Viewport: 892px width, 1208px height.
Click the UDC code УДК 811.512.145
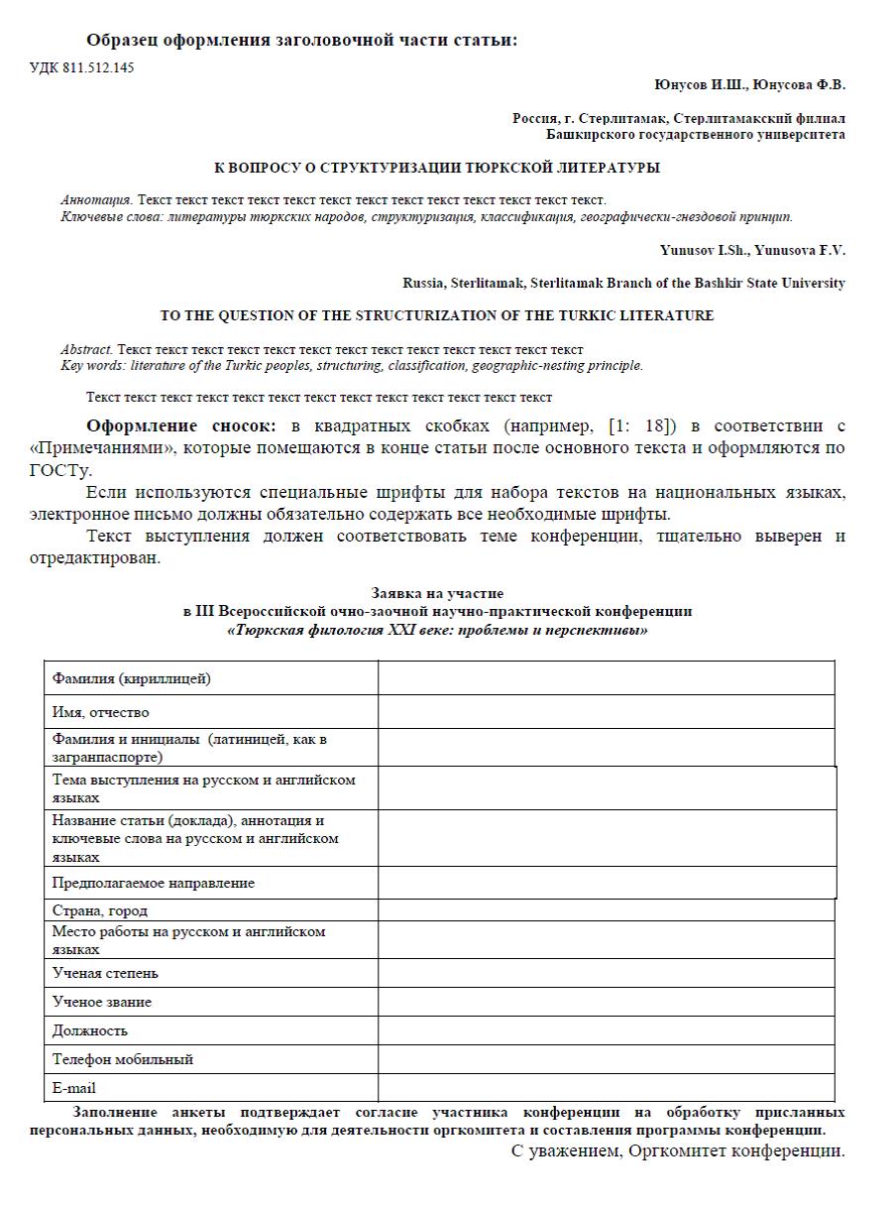click(82, 67)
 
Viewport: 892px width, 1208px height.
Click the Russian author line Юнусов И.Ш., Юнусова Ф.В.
click(750, 85)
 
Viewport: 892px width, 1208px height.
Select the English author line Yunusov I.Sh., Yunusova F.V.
click(752, 250)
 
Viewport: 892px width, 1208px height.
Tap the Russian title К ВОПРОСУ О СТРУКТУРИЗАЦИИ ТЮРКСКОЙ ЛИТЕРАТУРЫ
click(437, 168)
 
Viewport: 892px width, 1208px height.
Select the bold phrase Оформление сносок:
click(181, 426)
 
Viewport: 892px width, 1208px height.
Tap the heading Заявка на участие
click(437, 594)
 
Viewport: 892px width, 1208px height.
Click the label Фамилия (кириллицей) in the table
click(131, 678)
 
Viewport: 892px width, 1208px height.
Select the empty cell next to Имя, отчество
click(606, 712)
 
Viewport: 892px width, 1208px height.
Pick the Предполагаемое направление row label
click(153, 883)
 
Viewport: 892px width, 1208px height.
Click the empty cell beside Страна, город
click(606, 910)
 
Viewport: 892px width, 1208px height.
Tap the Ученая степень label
click(105, 973)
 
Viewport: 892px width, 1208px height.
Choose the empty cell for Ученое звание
click(606, 1002)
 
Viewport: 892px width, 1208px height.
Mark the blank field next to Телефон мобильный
click(606, 1059)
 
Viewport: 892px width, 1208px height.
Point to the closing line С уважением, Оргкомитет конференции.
click(678, 1151)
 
